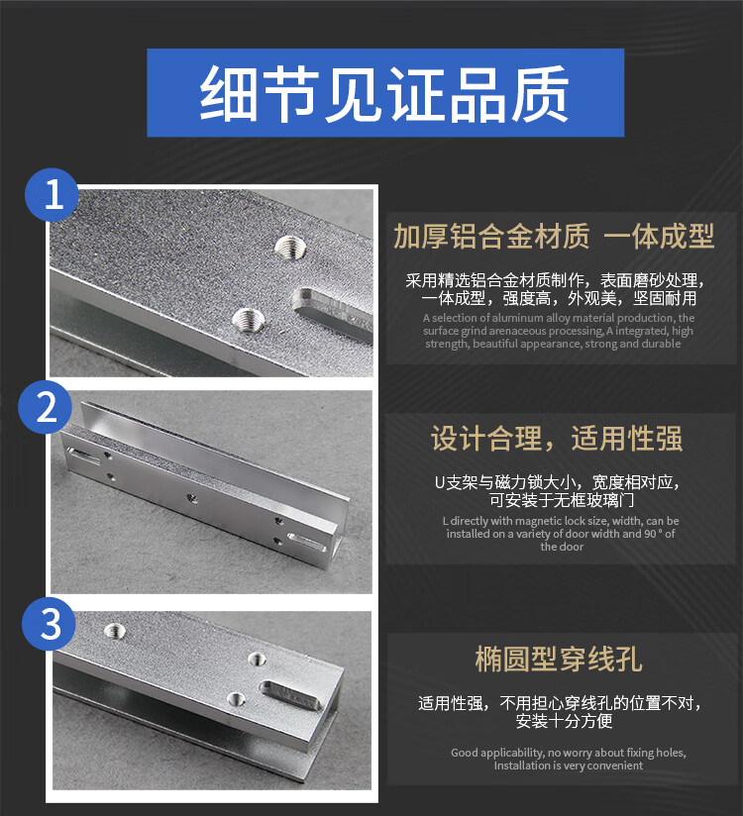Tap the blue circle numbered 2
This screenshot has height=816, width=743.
tap(46, 407)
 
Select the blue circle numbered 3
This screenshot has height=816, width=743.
tap(49, 624)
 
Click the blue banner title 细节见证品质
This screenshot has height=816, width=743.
tap(384, 94)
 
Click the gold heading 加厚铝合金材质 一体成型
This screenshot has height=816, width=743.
tap(554, 236)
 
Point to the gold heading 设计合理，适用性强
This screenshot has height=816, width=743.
tap(557, 438)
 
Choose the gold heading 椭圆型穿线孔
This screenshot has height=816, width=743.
tap(559, 659)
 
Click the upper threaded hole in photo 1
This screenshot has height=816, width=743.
tap(289, 246)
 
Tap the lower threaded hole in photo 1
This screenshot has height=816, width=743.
tap(248, 318)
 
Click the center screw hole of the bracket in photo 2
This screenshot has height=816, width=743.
tap(191, 499)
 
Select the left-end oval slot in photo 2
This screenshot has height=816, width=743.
tap(83, 457)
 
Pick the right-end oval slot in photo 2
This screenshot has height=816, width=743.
tap(307, 543)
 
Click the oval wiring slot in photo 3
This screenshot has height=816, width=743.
tap(290, 695)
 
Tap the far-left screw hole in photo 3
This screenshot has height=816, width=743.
tap(115, 631)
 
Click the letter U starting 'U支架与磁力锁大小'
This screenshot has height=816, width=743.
tap(440, 483)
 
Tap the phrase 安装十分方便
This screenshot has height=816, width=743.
tap(564, 721)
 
